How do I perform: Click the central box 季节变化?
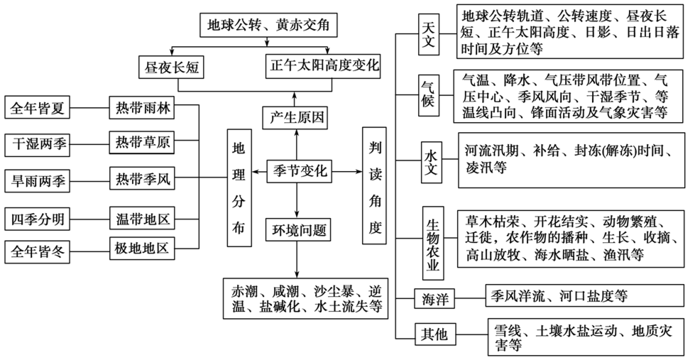point(298,171)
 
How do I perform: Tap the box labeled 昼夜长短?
point(170,67)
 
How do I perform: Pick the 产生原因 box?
point(294,118)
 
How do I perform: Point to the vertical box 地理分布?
point(239,187)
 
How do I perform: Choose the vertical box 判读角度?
point(376,187)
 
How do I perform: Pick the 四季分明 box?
point(38,218)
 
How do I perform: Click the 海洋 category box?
point(434,298)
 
